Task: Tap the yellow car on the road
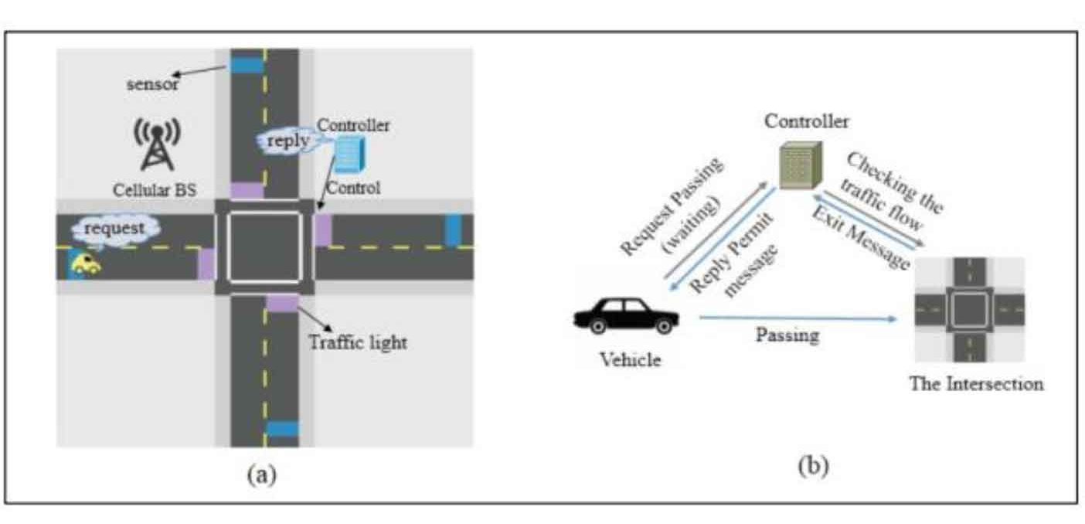coord(86,264)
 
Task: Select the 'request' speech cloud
coord(116,228)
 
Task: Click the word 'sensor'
coord(152,84)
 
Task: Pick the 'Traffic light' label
coord(357,341)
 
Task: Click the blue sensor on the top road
coord(247,65)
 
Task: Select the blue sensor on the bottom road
coord(282,428)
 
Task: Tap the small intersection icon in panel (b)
coord(969,310)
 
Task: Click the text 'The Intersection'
coord(976,384)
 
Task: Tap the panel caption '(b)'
coord(814,467)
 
